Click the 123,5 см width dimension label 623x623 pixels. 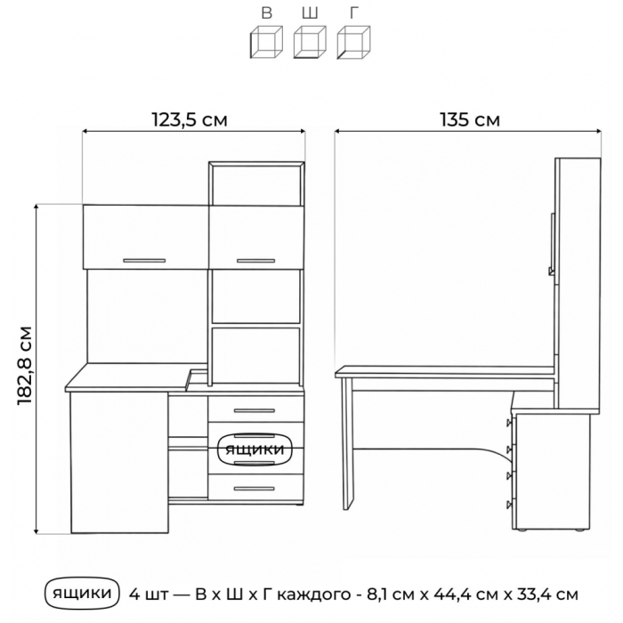click(x=190, y=119)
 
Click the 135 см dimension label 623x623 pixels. click(x=470, y=119)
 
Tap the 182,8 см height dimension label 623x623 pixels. click(x=25, y=366)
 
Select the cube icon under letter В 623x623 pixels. click(x=267, y=42)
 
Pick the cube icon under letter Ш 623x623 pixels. click(x=310, y=42)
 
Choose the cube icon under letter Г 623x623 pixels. click(x=353, y=42)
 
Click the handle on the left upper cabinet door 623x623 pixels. click(x=144, y=261)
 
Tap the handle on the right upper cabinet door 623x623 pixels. click(x=256, y=261)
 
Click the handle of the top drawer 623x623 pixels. click(x=255, y=410)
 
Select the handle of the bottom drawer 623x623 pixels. click(x=255, y=489)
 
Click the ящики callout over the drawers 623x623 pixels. click(x=255, y=449)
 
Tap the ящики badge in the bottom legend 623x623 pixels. click(x=82, y=594)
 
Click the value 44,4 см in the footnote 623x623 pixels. click(x=466, y=595)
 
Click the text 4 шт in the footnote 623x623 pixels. click(x=148, y=595)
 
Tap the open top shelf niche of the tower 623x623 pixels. click(x=256, y=185)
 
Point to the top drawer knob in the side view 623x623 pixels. click(x=509, y=423)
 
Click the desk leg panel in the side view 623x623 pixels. click(x=347, y=444)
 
